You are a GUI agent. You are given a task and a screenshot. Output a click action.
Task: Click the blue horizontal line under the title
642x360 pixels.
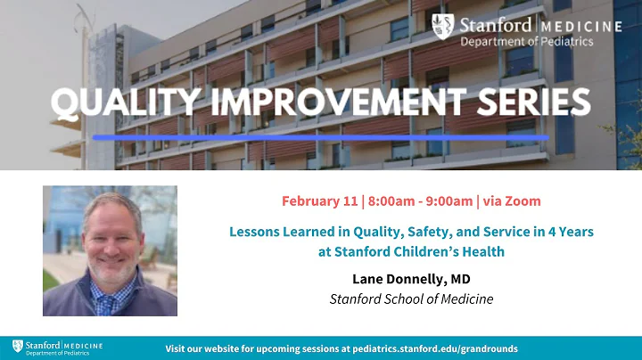coord(321,138)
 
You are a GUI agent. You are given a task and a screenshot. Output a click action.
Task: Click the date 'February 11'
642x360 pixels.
coord(317,200)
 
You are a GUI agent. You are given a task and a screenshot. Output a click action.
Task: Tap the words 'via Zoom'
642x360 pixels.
coord(513,200)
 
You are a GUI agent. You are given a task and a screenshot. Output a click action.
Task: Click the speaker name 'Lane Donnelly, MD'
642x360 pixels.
coord(411,279)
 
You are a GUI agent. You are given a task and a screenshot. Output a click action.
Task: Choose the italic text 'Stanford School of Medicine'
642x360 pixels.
coord(411,299)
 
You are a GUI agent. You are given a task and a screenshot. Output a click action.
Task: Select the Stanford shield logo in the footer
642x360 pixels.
coord(17,347)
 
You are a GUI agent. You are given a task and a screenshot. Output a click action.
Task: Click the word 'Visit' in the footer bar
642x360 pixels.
coord(179,348)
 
